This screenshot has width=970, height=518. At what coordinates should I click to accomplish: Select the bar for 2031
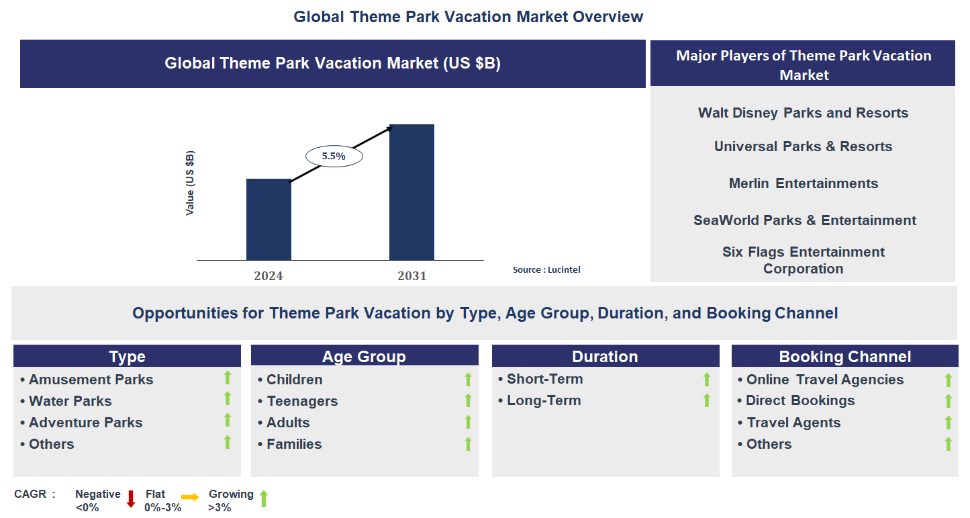pos(411,192)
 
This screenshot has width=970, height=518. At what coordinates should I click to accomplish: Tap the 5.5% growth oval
pos(334,156)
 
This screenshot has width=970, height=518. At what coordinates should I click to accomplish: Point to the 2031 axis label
pos(411,275)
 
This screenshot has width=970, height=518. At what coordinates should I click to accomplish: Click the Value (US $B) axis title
pos(190,183)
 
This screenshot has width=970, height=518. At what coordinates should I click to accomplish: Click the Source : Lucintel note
pos(546,269)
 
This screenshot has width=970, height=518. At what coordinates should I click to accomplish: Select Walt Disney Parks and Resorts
pos(803,113)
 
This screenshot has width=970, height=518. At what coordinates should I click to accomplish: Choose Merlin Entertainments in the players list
pos(803,183)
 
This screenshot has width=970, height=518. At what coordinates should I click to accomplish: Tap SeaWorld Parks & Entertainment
pos(804,220)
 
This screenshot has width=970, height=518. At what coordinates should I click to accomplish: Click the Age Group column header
pos(364,356)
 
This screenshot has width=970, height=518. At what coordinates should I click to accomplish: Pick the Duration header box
pos(605,356)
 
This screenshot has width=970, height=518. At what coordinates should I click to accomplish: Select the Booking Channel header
pos(844,356)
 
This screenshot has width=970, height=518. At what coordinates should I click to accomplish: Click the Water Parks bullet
pos(70,401)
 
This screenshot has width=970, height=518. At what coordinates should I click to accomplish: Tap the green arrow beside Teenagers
pos(468,400)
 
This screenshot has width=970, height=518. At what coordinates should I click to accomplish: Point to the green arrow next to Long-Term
pos(706,400)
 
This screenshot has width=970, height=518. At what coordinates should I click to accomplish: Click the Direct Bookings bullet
pos(800,400)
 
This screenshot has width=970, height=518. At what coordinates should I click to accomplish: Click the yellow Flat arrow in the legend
pos(190,497)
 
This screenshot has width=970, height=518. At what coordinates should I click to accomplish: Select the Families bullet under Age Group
pos(293,444)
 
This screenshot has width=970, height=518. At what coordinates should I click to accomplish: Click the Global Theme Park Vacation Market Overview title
pos(468,17)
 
